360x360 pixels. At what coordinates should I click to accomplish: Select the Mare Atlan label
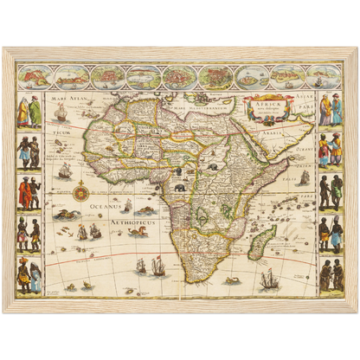[72, 100]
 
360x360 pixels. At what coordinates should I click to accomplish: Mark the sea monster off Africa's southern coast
[232, 280]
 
